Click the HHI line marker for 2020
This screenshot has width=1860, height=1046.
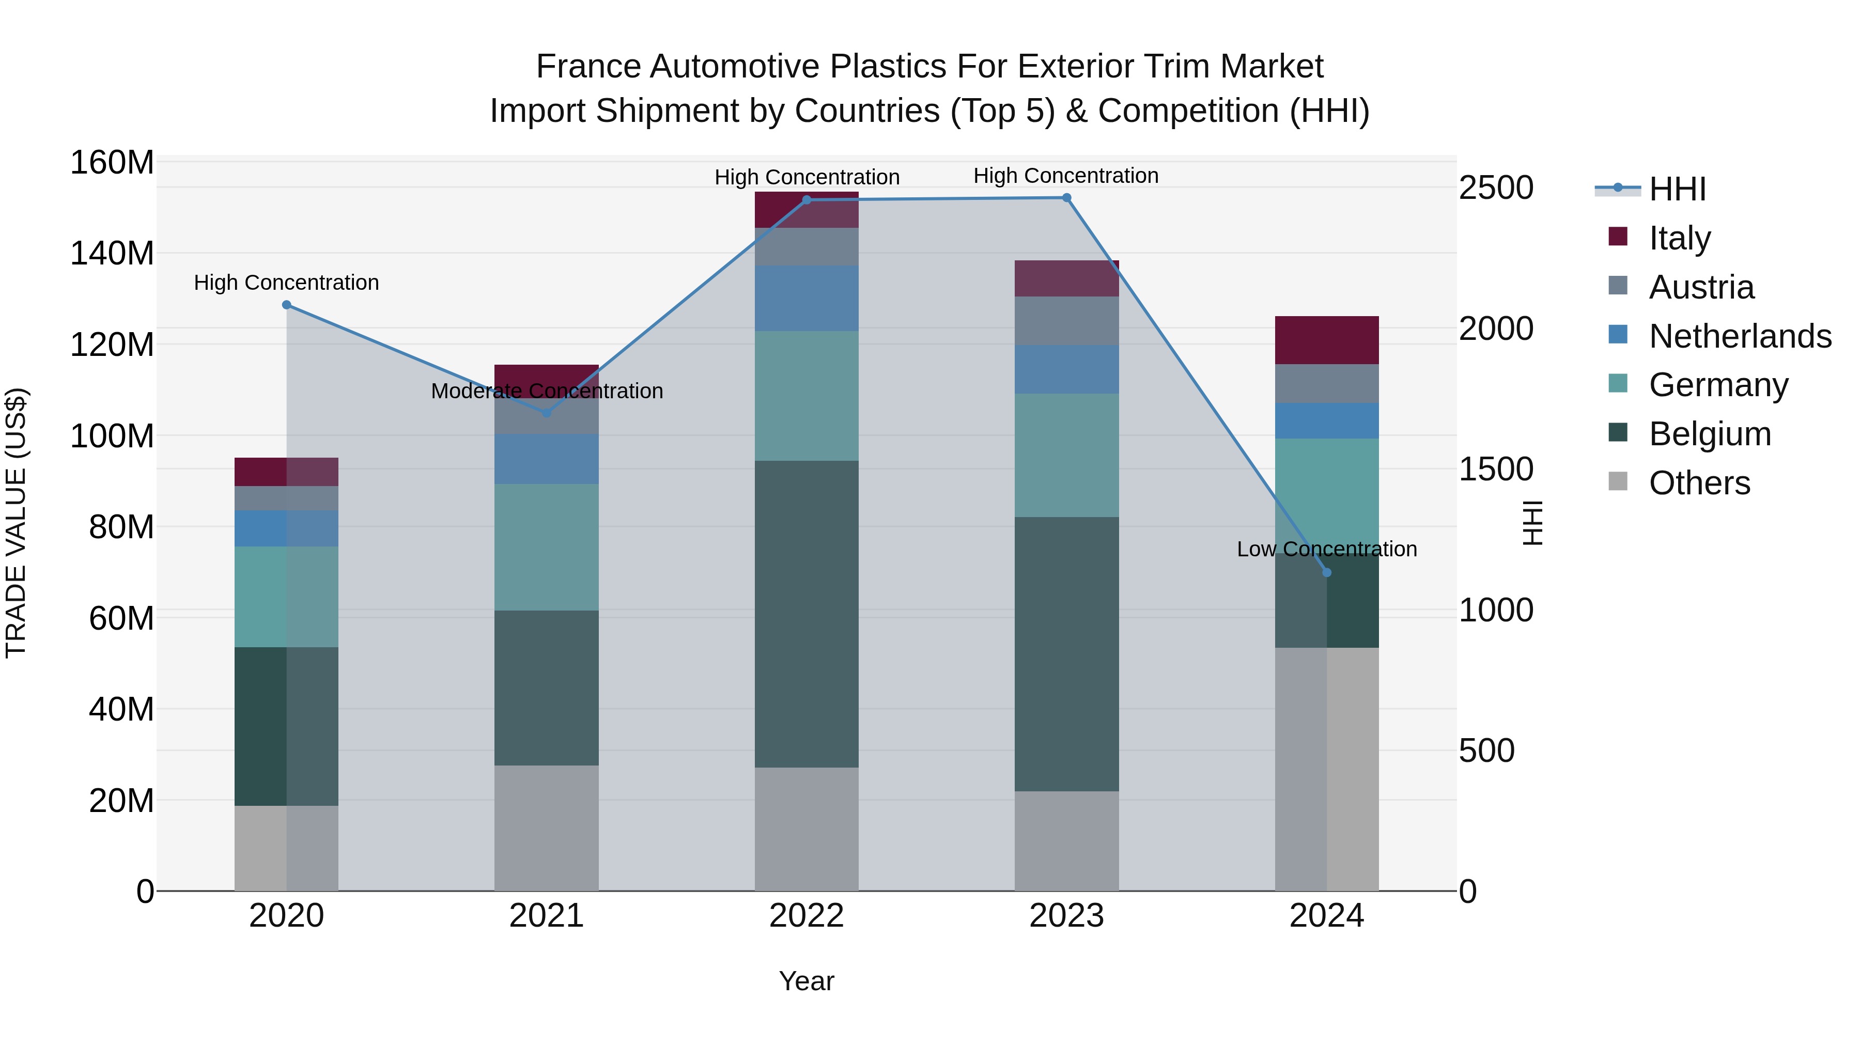pyautogui.click(x=287, y=305)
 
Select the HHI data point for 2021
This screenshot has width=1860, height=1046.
pyautogui.click(x=547, y=413)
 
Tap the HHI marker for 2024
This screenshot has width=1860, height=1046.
pyautogui.click(x=1326, y=572)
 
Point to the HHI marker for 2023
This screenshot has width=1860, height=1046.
pyautogui.click(x=1066, y=198)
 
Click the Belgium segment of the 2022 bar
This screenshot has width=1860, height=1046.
pyautogui.click(x=807, y=614)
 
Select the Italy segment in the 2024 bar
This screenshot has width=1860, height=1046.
pyautogui.click(x=1326, y=340)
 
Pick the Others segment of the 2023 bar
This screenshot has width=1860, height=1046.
pyautogui.click(x=1066, y=841)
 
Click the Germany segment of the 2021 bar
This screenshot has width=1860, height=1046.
pyautogui.click(x=547, y=547)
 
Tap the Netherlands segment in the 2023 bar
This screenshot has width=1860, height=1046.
pyautogui.click(x=1066, y=369)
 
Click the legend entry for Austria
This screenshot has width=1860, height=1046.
pyautogui.click(x=1701, y=287)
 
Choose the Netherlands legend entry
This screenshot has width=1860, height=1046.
pyautogui.click(x=1740, y=336)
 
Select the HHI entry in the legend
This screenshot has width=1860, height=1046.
pyautogui.click(x=1677, y=189)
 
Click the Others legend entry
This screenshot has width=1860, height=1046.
pyautogui.click(x=1699, y=483)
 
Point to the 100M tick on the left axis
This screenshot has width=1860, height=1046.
pyautogui.click(x=112, y=436)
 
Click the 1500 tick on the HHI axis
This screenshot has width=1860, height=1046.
pyautogui.click(x=1495, y=469)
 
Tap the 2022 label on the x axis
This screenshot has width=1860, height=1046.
pyautogui.click(x=807, y=916)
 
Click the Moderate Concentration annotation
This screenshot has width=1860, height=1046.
pyautogui.click(x=547, y=391)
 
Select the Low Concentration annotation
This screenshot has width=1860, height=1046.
pyautogui.click(x=1326, y=550)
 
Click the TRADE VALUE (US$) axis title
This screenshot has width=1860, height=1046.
pyautogui.click(x=16, y=523)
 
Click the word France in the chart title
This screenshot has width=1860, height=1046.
pyautogui.click(x=588, y=67)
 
